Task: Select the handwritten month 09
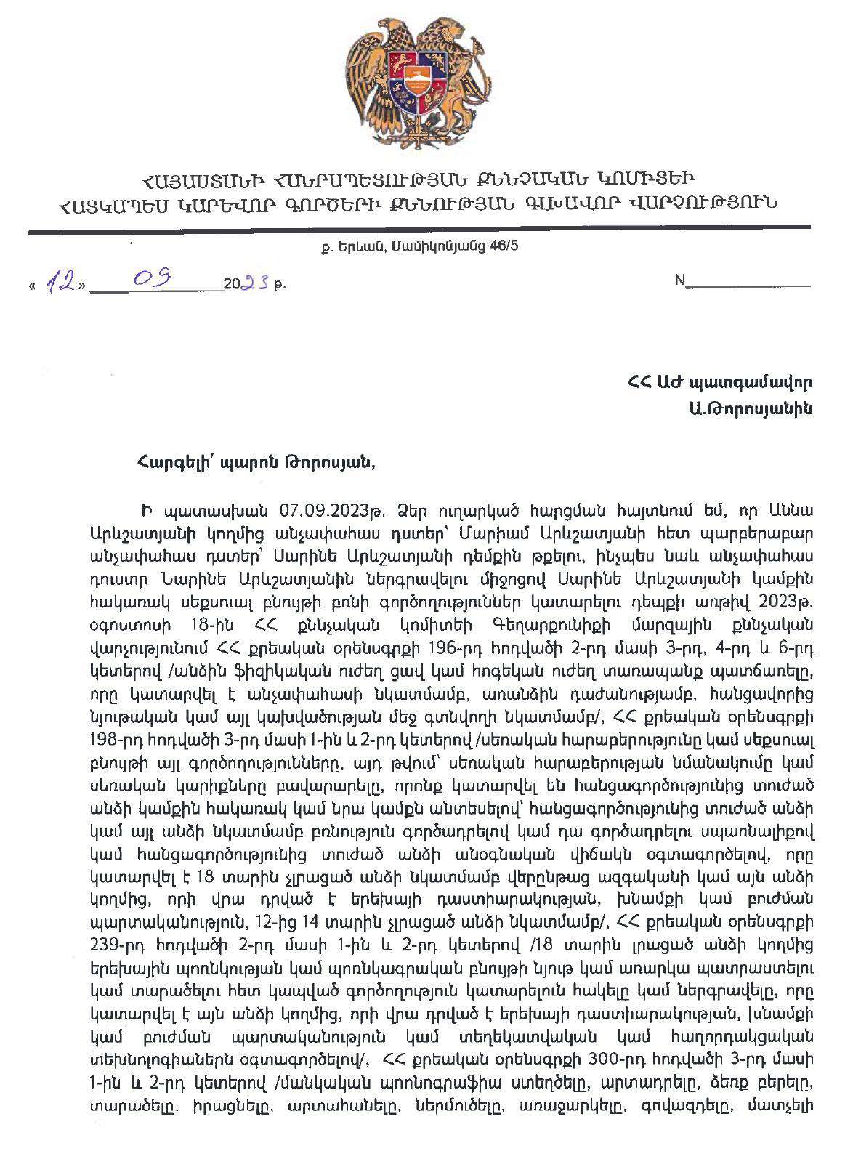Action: [157, 279]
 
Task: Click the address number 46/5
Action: [504, 246]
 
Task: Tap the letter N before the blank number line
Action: [681, 283]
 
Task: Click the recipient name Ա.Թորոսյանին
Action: [761, 408]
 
